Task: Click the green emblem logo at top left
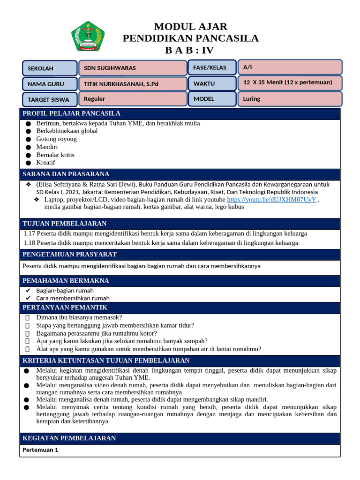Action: click(88, 36)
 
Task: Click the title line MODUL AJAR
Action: click(190, 26)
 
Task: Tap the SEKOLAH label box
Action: click(50, 68)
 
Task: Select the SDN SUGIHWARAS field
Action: click(132, 68)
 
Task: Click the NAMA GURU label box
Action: click(50, 84)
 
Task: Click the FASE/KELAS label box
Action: click(212, 68)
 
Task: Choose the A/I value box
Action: click(290, 67)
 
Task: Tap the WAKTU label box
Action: click(212, 83)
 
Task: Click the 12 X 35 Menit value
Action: click(287, 82)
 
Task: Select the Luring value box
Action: click(290, 99)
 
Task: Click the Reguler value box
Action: click(132, 99)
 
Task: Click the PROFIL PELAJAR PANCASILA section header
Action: click(72, 113)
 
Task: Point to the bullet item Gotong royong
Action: click(56, 139)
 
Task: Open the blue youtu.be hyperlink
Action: click(271, 199)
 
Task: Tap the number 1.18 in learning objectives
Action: click(29, 242)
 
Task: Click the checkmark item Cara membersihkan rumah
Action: click(73, 298)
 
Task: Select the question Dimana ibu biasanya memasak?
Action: click(79, 317)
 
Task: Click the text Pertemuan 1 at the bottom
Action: click(40, 450)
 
